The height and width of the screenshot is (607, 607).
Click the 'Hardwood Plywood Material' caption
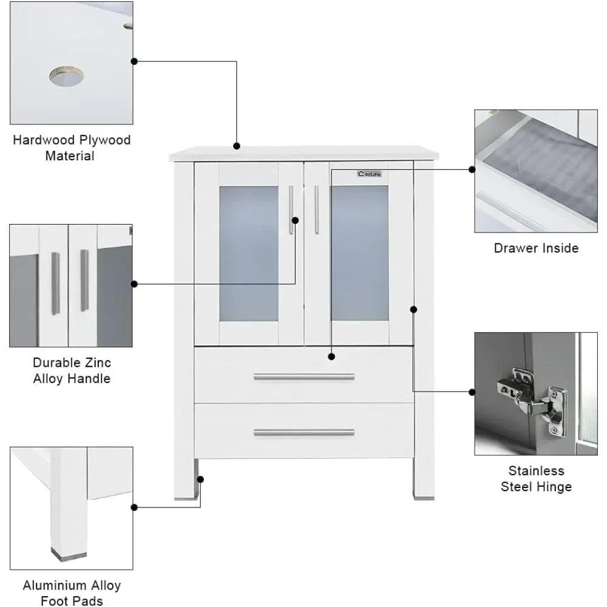pyautogui.click(x=72, y=148)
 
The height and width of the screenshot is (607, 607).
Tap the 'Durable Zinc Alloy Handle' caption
pyautogui.click(x=72, y=370)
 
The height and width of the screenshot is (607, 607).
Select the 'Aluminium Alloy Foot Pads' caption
pyautogui.click(x=72, y=593)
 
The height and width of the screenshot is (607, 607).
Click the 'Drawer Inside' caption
pyautogui.click(x=536, y=248)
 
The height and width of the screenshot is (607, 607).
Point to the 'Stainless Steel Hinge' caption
pyautogui.click(x=536, y=478)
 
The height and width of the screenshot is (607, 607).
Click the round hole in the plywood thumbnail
pyautogui.click(x=66, y=76)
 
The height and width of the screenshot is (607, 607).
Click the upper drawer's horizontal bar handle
pyautogui.click(x=303, y=377)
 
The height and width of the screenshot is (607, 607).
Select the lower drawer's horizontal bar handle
pyautogui.click(x=303, y=433)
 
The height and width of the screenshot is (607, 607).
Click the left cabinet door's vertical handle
pyautogui.click(x=291, y=209)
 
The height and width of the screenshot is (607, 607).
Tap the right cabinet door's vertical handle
pyautogui.click(x=316, y=209)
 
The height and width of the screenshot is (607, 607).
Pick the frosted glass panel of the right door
pyautogui.click(x=359, y=253)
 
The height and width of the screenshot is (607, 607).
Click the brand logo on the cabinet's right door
pyautogui.click(x=369, y=174)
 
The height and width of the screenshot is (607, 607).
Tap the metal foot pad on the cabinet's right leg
pyautogui.click(x=423, y=497)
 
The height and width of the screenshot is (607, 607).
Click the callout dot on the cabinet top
pyautogui.click(x=237, y=146)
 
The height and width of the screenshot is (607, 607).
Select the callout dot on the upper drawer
pyautogui.click(x=331, y=356)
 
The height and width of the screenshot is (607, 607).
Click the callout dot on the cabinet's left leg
pyautogui.click(x=200, y=479)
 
